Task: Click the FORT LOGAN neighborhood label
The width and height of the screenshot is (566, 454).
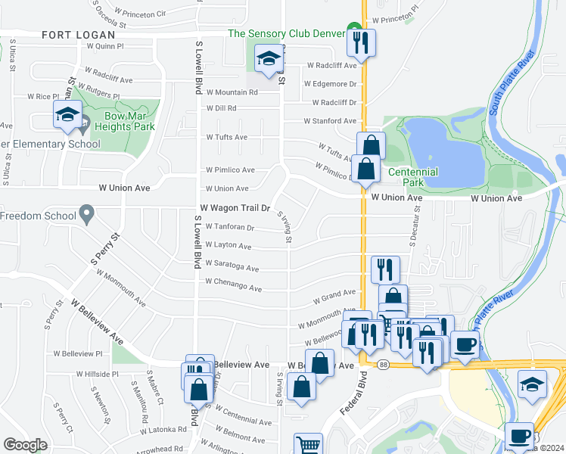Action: point(79,35)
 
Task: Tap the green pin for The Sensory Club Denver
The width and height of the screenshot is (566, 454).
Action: point(353,31)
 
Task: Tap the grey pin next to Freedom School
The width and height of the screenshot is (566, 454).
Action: point(87,216)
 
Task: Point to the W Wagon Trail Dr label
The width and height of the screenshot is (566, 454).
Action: point(235,207)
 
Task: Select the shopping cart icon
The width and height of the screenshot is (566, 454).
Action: point(308,445)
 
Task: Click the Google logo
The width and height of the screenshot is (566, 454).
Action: point(25,444)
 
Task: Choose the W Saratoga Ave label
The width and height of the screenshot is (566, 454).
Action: point(232,269)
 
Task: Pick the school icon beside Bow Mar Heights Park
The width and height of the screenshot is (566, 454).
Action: point(67,115)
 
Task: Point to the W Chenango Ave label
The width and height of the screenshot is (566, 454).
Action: point(233,289)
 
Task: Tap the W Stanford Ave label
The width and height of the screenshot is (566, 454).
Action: point(330,121)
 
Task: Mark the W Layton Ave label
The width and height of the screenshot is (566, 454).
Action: point(229,246)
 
